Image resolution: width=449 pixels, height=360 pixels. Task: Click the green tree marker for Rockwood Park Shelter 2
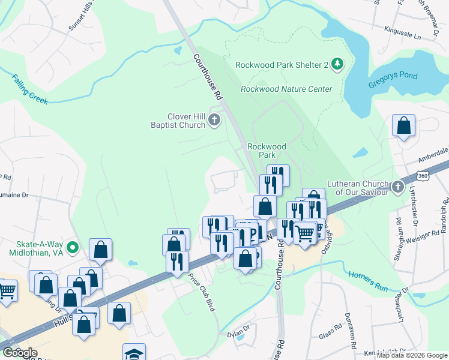337,65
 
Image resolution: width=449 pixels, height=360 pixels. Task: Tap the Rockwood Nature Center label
286,89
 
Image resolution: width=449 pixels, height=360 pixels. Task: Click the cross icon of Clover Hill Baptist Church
214,121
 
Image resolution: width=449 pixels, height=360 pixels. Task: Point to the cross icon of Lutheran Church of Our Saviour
397,187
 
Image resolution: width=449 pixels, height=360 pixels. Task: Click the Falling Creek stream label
29,89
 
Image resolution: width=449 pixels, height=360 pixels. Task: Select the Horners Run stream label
368,280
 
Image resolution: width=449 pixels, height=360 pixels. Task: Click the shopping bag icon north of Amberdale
403,127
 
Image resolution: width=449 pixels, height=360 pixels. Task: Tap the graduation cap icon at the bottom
134,353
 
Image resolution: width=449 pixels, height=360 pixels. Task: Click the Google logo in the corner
19,353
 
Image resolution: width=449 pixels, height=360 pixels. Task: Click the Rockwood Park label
267,150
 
